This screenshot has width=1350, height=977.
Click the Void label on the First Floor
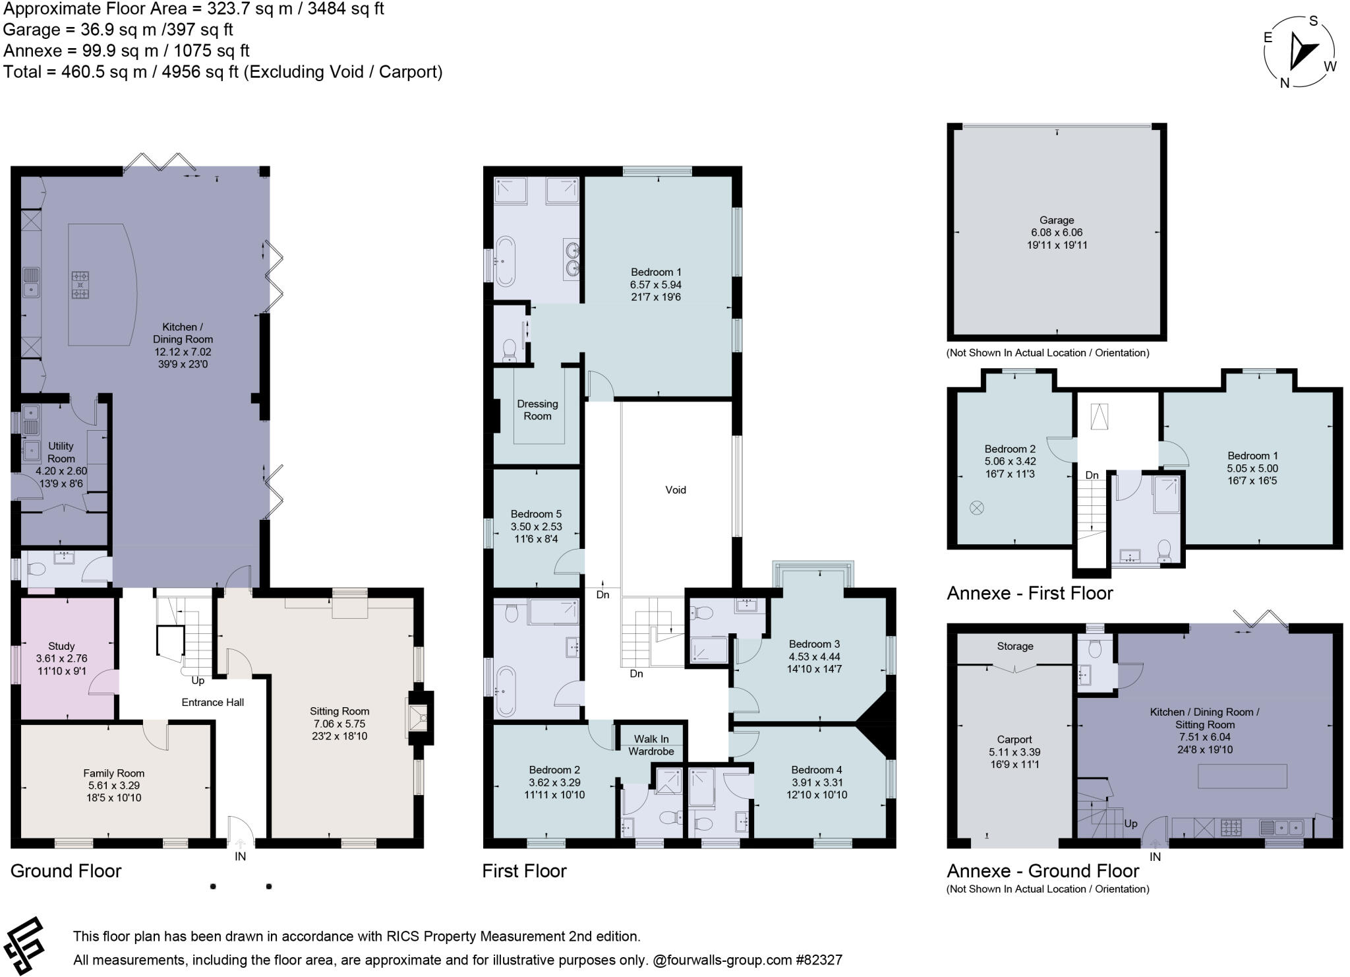(x=676, y=489)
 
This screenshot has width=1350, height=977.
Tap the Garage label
(x=1057, y=220)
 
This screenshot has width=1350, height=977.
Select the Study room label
(x=61, y=646)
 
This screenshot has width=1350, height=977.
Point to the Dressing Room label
(x=537, y=410)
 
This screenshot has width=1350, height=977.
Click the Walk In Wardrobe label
(x=651, y=745)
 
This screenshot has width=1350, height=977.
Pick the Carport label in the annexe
(x=1014, y=740)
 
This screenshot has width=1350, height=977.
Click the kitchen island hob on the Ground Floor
(x=80, y=285)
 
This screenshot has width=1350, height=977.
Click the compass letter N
(x=1284, y=83)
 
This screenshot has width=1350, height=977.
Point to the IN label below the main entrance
(x=240, y=856)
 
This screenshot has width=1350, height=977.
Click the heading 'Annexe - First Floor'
(x=1030, y=593)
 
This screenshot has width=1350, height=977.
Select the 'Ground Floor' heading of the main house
(x=66, y=871)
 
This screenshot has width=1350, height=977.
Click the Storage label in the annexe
(x=1014, y=646)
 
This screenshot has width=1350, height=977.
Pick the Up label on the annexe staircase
(x=1130, y=823)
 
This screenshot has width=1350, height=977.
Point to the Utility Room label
(x=61, y=453)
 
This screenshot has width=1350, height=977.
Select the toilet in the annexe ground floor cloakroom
(x=1095, y=650)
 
